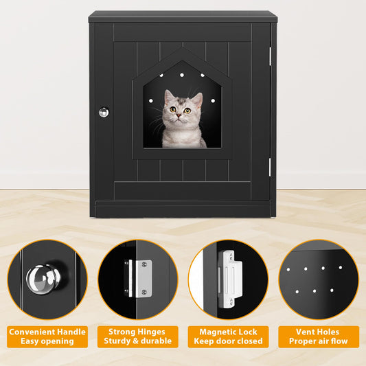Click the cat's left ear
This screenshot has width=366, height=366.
coord(169,97)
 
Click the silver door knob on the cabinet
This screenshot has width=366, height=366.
coord(104,112)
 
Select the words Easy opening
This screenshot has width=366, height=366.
coord(47,341)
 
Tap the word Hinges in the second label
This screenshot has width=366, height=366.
coord(152,332)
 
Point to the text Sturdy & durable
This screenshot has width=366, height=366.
coord(137,341)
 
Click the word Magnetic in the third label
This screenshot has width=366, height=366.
coord(213,332)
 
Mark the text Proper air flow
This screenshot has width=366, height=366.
coord(318,341)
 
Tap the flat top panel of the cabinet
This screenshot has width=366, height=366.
coord(183,16)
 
